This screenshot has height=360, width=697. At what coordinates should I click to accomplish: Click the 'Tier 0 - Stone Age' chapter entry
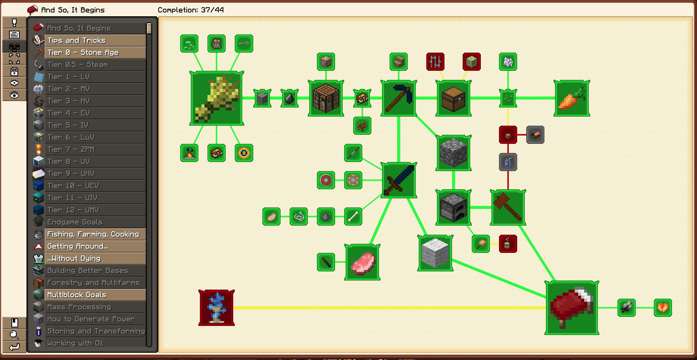[95, 53]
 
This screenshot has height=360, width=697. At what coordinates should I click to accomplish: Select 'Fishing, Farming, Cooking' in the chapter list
[95, 234]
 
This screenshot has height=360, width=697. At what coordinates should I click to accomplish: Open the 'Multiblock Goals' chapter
[95, 295]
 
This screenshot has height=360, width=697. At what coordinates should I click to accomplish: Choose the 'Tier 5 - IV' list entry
[95, 125]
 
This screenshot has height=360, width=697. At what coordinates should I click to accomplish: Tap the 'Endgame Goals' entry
[95, 222]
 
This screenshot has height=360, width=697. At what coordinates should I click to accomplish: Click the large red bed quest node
[572, 308]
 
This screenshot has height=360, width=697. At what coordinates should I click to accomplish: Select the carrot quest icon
[572, 98]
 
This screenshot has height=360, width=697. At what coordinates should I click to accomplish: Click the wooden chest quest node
[454, 98]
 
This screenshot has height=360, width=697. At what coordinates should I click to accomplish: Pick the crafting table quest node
[326, 98]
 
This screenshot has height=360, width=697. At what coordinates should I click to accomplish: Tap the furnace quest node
[454, 207]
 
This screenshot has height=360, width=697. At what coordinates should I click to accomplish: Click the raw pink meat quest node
[362, 262]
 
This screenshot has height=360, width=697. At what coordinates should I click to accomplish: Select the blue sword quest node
[399, 180]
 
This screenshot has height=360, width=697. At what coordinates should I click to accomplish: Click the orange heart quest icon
[663, 308]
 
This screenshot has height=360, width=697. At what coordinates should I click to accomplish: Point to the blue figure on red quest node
[217, 308]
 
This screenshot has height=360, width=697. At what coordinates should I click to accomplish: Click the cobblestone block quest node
[454, 153]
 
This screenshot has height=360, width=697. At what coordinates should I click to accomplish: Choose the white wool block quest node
[435, 253]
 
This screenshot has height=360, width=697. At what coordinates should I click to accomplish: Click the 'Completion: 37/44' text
[190, 10]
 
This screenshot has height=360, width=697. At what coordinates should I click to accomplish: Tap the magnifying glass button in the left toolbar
[14, 335]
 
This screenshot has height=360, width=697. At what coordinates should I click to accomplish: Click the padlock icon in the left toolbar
[14, 71]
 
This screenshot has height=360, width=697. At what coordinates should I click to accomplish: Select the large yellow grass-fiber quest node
[217, 98]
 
